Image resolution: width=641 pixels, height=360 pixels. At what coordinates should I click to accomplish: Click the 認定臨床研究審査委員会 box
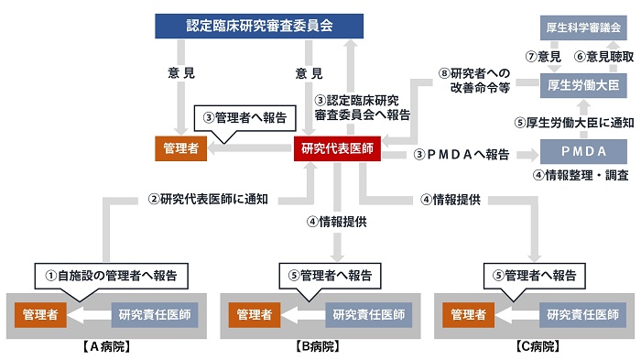pos(258,24)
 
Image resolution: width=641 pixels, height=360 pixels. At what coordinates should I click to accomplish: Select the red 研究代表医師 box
pos(336,149)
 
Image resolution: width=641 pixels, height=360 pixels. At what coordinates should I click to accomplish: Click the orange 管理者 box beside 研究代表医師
pos(181,149)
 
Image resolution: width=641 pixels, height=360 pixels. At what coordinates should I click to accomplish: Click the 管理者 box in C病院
pos(467,314)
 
